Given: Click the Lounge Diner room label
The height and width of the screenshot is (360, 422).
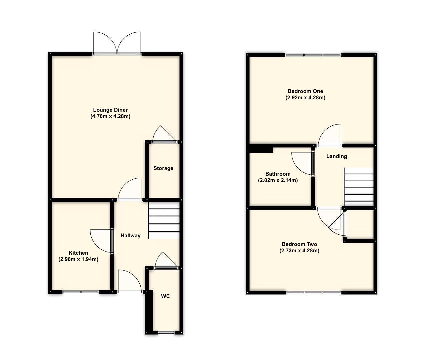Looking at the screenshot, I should click(x=110, y=110).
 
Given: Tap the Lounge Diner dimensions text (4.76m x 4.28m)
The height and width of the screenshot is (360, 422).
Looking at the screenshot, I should click(x=110, y=117).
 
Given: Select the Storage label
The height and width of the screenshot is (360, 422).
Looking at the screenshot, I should click(x=163, y=168).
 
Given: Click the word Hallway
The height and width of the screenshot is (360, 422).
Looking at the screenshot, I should click(x=130, y=236).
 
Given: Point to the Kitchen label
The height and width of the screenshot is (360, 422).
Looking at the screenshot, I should click(x=78, y=253).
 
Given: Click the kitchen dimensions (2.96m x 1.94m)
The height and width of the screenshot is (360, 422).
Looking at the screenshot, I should click(x=78, y=259).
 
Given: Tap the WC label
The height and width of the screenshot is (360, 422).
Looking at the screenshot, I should click(x=165, y=296).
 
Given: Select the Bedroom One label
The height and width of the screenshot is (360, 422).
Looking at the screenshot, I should click(x=305, y=91).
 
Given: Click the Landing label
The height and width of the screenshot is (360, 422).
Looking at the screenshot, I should click(x=336, y=156).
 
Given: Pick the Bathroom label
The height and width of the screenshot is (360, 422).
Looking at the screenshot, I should click(x=278, y=174).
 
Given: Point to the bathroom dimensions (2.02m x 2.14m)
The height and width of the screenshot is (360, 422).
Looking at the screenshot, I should click(x=278, y=180).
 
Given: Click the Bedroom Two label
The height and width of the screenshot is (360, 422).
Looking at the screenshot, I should click(x=299, y=244).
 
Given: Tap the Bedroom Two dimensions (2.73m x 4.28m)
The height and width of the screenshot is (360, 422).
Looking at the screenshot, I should click(x=299, y=251).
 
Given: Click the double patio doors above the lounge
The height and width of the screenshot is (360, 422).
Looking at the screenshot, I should click(x=117, y=43).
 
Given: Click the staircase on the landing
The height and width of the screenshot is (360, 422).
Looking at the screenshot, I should click(x=359, y=187).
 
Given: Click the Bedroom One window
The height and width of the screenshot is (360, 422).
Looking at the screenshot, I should click(x=313, y=55).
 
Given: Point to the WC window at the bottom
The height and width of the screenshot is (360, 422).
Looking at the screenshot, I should click(x=166, y=332).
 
